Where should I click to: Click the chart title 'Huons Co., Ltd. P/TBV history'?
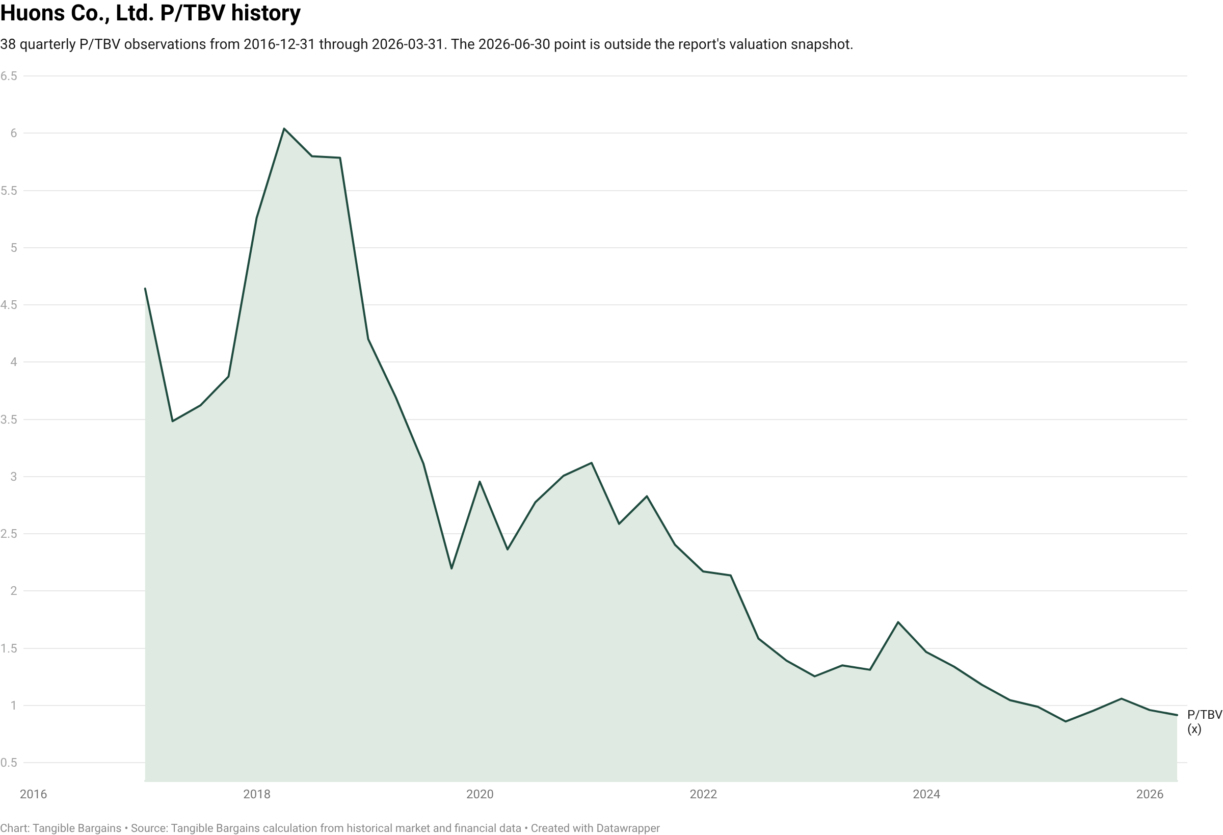tap(150, 13)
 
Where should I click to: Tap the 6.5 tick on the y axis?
tap(9, 76)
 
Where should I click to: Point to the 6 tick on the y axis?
tap(14, 133)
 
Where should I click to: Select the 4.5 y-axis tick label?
tap(9, 305)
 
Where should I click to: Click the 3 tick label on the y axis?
tap(14, 477)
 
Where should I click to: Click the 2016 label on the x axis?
tap(33, 794)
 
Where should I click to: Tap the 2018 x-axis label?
tap(257, 794)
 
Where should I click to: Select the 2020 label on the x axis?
tap(480, 794)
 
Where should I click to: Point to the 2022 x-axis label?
tap(704, 794)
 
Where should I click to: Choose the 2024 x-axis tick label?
tap(927, 794)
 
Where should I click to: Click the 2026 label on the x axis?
tap(1150, 794)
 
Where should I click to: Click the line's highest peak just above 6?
tap(284, 128)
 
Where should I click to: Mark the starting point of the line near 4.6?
tap(145, 289)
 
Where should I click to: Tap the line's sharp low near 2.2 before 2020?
tap(451, 568)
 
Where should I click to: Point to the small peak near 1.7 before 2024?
tap(898, 622)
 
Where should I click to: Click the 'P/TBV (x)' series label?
tap(1205, 722)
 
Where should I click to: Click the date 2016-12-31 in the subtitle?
tap(279, 44)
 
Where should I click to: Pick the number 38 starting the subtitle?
tap(8, 44)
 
